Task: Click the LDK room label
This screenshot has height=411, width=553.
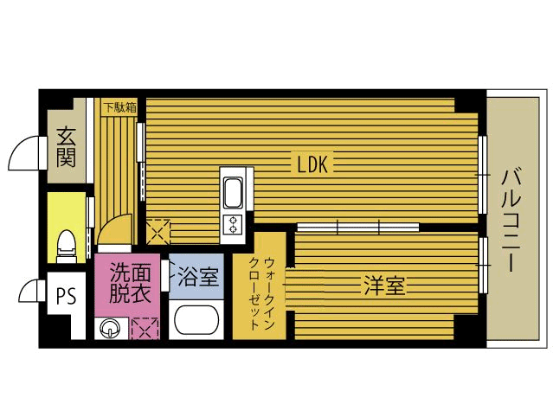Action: pos(312,164)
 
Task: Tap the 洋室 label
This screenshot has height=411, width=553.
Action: pos(384,286)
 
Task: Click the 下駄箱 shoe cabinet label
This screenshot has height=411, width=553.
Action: pos(120,107)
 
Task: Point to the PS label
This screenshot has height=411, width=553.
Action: pos(67,297)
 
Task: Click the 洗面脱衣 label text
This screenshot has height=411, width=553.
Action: pos(130,283)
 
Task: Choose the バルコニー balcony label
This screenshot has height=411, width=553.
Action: pos(511,221)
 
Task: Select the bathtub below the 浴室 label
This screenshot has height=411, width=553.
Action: pos(196,319)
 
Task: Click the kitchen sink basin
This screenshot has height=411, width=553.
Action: pos(233,192)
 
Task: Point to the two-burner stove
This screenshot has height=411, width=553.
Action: pos(233,225)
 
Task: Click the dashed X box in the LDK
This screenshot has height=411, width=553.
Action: pos(158,232)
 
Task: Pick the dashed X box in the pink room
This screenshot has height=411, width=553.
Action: pos(145,328)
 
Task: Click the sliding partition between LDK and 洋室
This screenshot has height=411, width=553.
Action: pos(358,227)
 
